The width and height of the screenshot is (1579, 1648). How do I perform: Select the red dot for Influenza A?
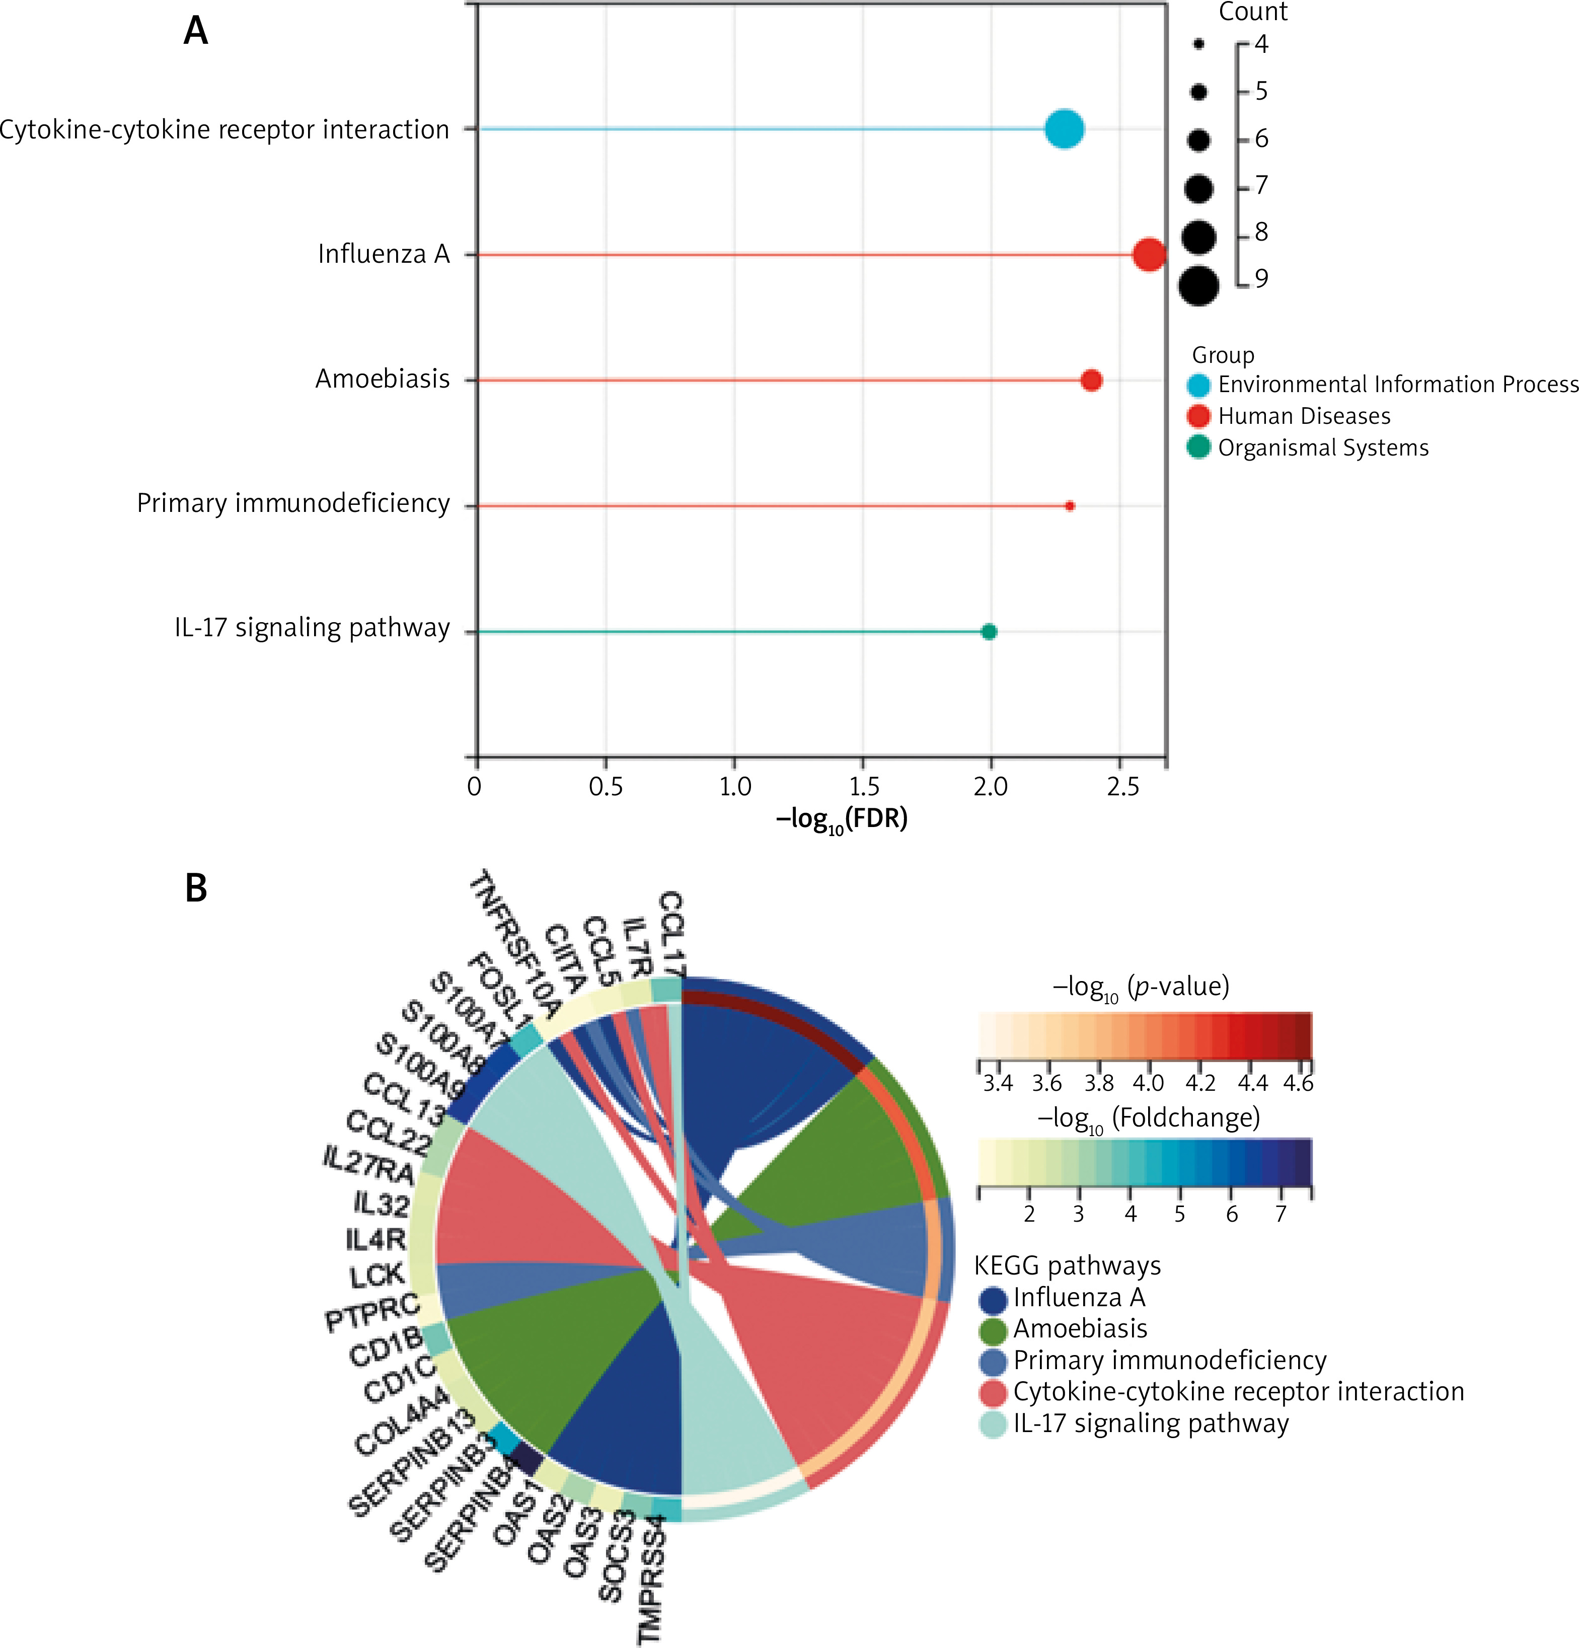click(1149, 254)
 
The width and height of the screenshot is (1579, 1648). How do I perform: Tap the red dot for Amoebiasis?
click(1091, 380)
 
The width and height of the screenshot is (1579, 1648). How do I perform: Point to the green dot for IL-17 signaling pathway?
click(989, 631)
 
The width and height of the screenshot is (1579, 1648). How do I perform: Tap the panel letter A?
click(195, 31)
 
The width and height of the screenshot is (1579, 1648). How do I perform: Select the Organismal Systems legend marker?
click(1198, 447)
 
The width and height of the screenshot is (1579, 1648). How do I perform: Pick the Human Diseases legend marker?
click(1198, 416)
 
